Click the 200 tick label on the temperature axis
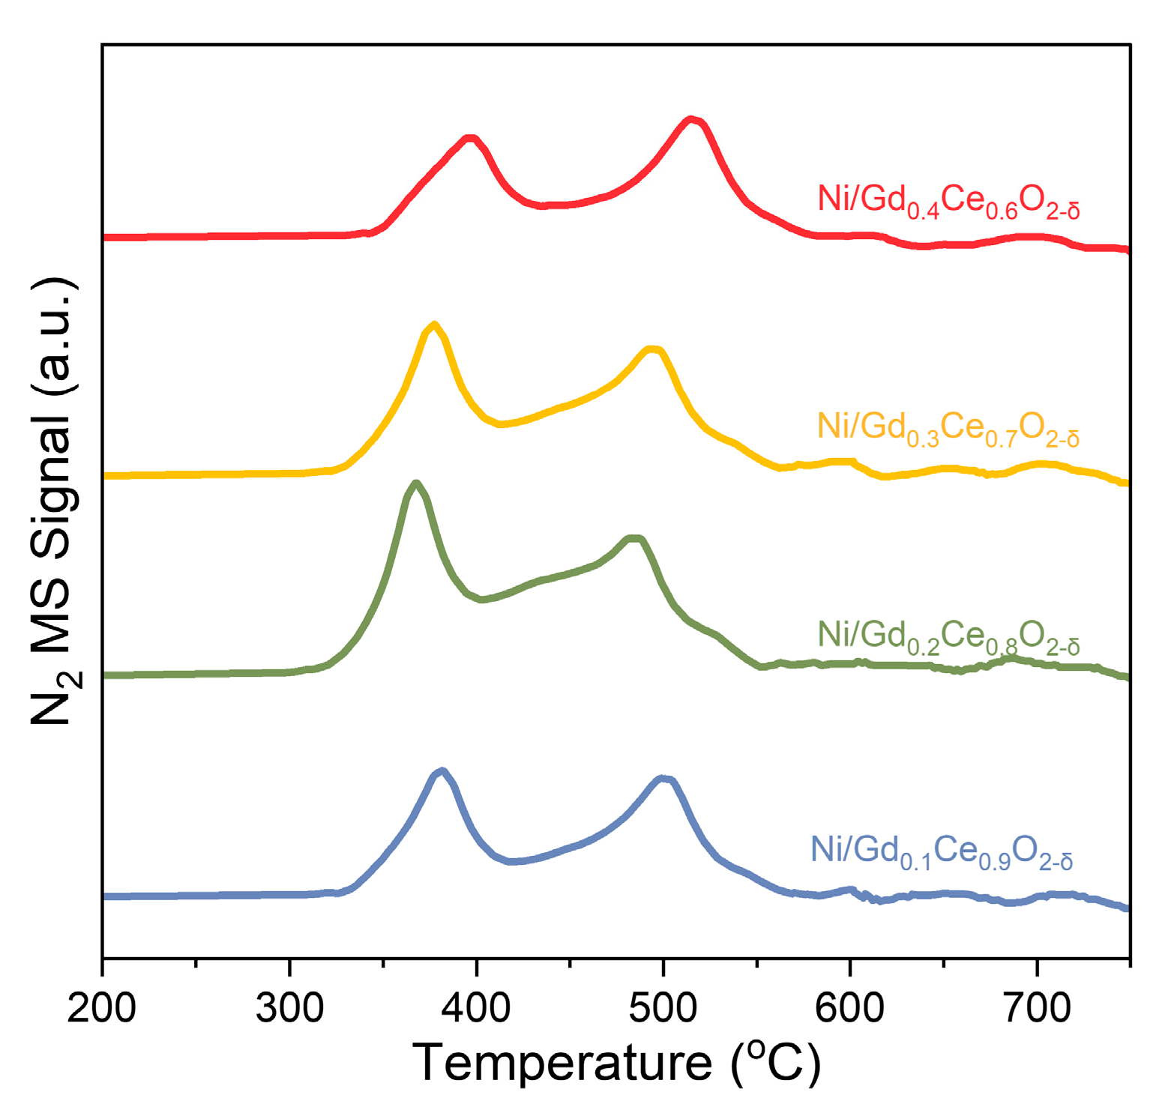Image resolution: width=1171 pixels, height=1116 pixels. coord(101,1009)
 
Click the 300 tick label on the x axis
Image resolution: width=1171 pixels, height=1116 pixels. coord(289,1009)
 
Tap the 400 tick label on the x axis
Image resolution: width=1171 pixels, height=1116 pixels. coord(476,1009)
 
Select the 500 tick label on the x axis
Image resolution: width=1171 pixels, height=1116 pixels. coord(663,1009)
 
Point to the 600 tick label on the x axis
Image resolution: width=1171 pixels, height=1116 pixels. coord(849,1009)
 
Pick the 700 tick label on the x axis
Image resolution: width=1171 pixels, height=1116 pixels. coord(1037,1009)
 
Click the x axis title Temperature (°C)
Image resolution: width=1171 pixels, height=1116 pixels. coord(616,1063)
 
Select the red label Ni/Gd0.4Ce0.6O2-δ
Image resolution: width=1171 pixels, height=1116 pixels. coord(948,202)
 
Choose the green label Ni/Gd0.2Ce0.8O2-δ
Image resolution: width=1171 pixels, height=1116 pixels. coord(948,637)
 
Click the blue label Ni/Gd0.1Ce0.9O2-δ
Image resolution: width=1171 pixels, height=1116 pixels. coord(942,853)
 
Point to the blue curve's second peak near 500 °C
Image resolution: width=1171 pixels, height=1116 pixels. coord(663,779)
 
